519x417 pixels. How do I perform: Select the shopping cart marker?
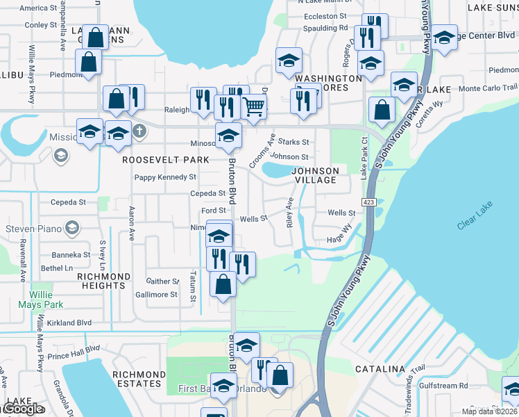click(254, 107)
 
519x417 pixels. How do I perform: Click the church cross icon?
click(139, 130)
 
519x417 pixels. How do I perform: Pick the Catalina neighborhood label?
click(380, 368)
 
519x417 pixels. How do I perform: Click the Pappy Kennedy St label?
click(164, 177)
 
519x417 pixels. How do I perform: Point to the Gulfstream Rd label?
click(443, 385)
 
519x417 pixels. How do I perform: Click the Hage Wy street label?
click(339, 240)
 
